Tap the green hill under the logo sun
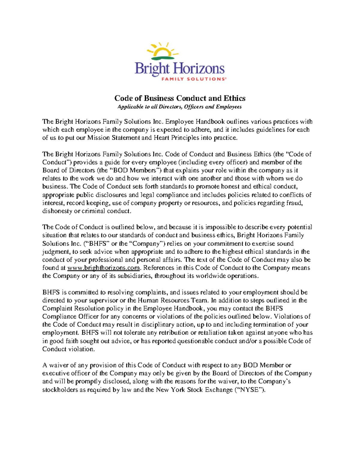(x=163, y=57)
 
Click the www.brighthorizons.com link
(x=104, y=268)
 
